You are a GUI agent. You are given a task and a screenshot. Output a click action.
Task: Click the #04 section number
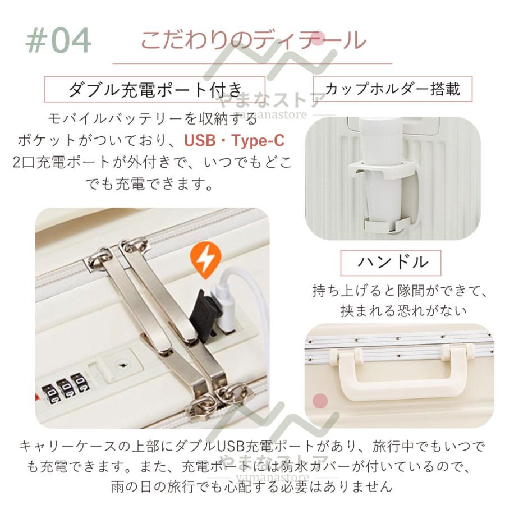point(58,40)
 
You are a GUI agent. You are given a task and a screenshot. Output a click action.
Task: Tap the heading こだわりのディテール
point(252,40)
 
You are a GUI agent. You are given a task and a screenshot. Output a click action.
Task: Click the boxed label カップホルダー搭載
point(393,89)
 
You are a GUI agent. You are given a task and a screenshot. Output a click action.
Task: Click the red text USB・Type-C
point(235,140)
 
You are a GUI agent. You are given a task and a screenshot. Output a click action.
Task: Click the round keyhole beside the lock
point(121,364)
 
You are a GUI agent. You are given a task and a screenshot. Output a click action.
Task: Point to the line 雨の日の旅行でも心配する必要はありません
point(252,486)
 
